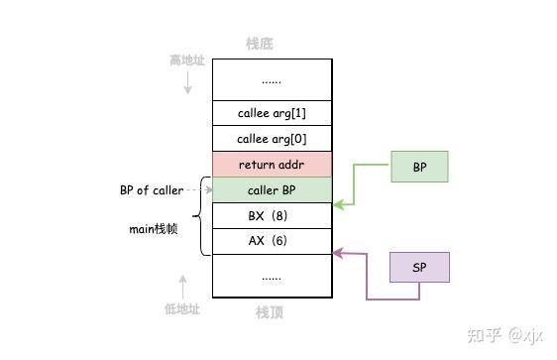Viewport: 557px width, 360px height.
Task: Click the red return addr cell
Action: [x=271, y=164]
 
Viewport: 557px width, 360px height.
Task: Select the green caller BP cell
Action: [x=271, y=189]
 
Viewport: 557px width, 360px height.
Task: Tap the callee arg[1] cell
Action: [x=271, y=112]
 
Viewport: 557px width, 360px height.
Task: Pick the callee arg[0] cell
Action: [x=271, y=138]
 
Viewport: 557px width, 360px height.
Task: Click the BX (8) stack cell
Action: [x=271, y=215]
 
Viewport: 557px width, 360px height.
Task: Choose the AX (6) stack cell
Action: [x=271, y=241]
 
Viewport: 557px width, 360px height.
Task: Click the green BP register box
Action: [x=419, y=168]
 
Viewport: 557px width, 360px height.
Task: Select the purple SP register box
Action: [x=419, y=267]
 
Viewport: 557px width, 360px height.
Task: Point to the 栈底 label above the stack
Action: [x=260, y=44]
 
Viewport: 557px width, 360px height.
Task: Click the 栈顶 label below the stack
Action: [x=271, y=313]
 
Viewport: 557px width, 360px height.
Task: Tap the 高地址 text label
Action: [x=186, y=61]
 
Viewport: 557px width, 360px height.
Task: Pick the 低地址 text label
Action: [x=182, y=309]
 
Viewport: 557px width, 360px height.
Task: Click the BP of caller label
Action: [x=152, y=190]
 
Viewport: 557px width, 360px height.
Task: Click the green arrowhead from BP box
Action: [x=336, y=204]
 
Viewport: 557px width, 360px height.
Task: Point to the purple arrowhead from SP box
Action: [x=336, y=254]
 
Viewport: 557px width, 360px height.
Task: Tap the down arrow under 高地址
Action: [x=187, y=88]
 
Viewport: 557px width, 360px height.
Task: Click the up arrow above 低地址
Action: [x=182, y=285]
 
